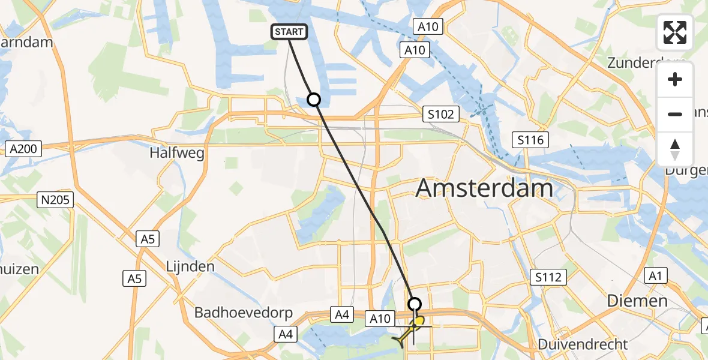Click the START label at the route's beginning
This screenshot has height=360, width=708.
(290, 32)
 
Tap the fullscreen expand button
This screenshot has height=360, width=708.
(675, 32)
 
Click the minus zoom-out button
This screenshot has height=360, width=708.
(675, 114)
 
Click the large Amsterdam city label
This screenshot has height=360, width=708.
(484, 188)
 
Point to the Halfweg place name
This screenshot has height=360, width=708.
(177, 153)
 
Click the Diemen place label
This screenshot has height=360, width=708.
(637, 301)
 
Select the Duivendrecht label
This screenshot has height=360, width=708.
(583, 344)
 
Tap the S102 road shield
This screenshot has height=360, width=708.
(440, 114)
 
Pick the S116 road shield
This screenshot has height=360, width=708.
(531, 140)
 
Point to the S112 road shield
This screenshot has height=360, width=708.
(548, 277)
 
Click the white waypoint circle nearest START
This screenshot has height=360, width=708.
(314, 100)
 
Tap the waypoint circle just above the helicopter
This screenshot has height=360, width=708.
(415, 304)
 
